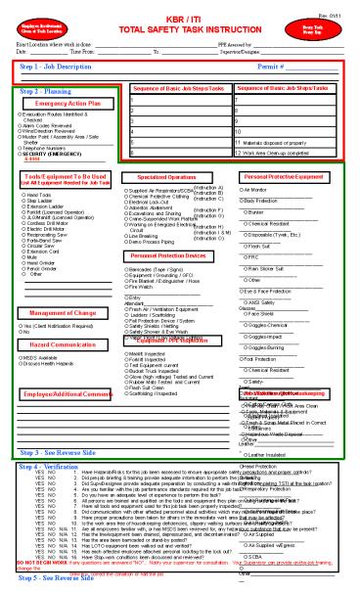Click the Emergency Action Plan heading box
[x=67, y=103]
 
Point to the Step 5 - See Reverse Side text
[x=55, y=578]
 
